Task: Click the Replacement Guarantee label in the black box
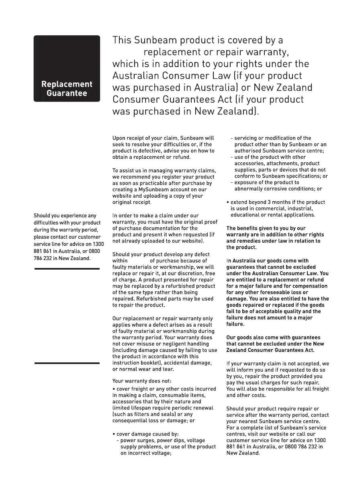[x=67, y=89]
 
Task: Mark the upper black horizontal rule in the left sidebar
[x=67, y=268]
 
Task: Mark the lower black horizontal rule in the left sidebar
[x=67, y=363]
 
